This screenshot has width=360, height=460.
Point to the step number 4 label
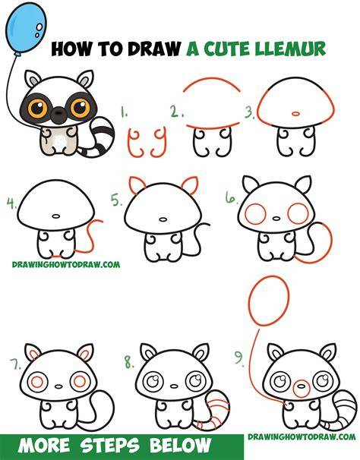point(12,203)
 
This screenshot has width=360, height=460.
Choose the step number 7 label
point(15,364)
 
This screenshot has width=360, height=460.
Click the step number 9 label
point(239,359)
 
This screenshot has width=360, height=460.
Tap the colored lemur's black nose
point(59,114)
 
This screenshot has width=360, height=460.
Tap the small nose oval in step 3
point(295,113)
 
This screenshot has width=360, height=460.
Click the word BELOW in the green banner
point(180,446)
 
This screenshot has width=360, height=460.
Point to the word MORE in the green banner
point(44,446)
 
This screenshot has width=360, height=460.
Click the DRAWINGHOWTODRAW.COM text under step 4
point(66,265)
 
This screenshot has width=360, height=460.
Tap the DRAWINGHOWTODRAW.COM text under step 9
point(302,436)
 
